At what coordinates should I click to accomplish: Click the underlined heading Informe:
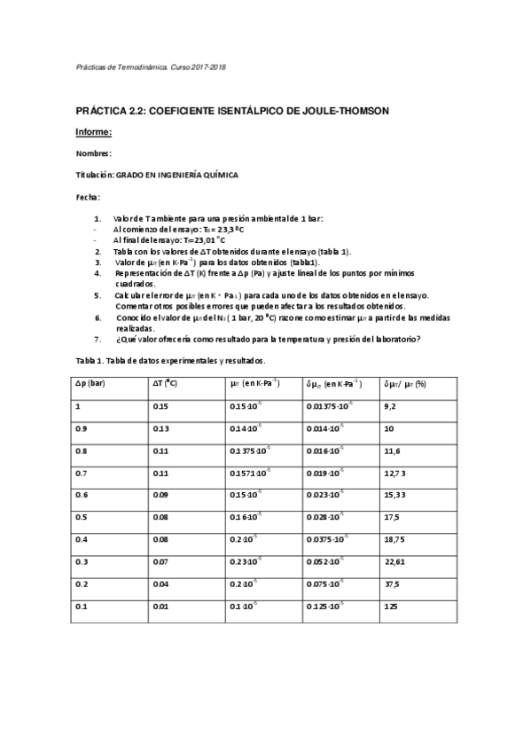[93, 132]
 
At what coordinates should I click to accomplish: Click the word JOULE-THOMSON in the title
[347, 110]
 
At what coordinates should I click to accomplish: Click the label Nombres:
[93, 153]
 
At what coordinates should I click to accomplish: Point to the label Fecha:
[88, 196]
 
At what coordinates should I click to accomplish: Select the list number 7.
[97, 338]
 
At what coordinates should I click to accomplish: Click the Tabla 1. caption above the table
[91, 360]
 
